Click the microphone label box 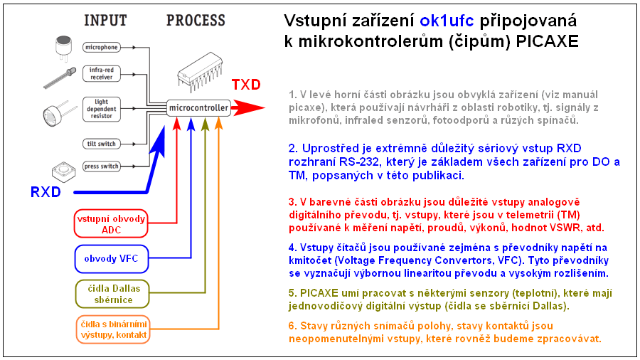coord(101,48)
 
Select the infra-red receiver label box coord(101,74)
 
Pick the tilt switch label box coord(100,144)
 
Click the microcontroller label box coord(198,108)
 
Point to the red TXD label coord(246,85)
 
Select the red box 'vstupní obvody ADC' coord(110,223)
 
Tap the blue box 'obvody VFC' coord(110,258)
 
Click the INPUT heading coord(106,21)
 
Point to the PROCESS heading coord(196,21)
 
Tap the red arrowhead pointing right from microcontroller coord(249,109)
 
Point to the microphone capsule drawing coord(63,46)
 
